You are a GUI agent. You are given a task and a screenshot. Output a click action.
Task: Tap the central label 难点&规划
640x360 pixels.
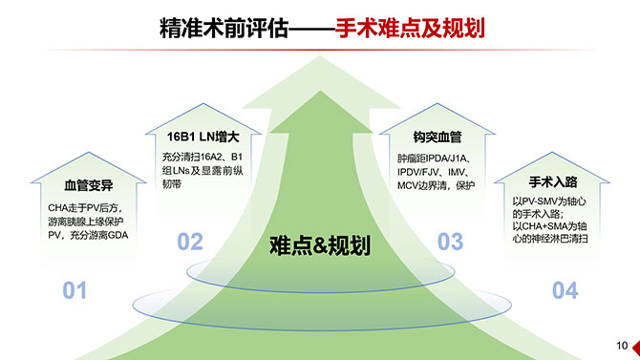click(x=319, y=246)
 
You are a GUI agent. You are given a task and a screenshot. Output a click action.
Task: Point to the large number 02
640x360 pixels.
click(x=190, y=242)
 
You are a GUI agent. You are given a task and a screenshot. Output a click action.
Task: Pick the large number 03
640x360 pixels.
click(x=450, y=242)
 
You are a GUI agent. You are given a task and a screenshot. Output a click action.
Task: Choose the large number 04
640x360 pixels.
click(x=565, y=290)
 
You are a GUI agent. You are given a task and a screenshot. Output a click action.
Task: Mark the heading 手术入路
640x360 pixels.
click(x=552, y=180)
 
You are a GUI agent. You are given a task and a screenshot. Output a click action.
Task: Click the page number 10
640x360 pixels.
click(x=622, y=345)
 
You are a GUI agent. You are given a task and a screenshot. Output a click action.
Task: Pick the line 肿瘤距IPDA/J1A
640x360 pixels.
click(x=434, y=157)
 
